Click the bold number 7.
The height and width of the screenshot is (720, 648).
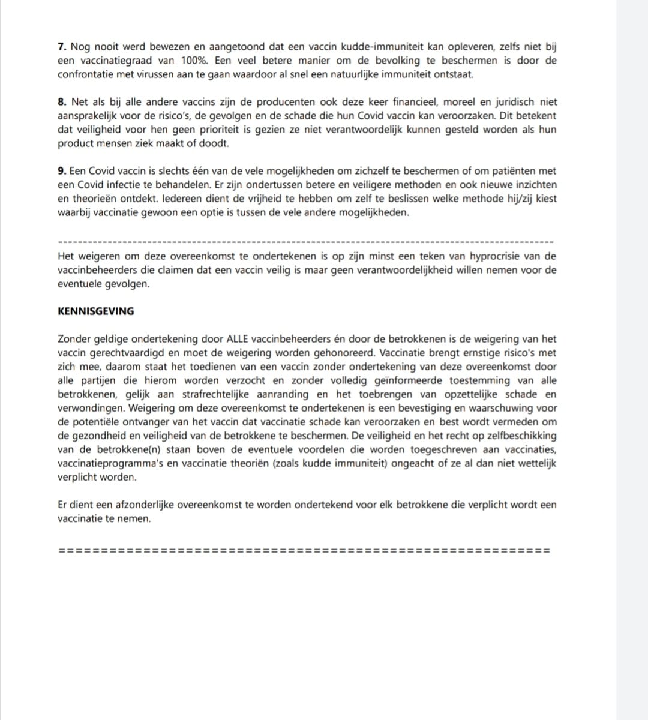point(61,47)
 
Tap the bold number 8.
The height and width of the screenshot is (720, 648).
point(61,103)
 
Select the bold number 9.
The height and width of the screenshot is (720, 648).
point(61,172)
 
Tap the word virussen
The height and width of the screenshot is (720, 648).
point(172,74)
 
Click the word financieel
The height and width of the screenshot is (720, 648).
point(406,103)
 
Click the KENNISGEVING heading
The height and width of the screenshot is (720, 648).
point(96,311)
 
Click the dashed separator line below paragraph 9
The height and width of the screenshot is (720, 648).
point(305,241)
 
